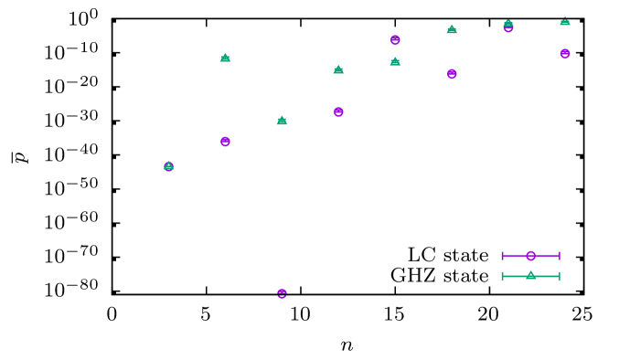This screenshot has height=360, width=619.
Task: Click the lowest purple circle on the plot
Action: point(282,293)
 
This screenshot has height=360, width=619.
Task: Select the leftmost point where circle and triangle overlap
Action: point(168,166)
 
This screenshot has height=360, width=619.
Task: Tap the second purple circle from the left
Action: point(225,142)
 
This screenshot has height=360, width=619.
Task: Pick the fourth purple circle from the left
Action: point(338,111)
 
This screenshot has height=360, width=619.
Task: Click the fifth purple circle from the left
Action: point(395,40)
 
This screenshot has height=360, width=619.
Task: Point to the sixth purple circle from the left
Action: point(452,74)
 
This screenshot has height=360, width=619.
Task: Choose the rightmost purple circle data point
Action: point(565,54)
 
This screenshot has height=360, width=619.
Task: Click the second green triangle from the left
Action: point(225,58)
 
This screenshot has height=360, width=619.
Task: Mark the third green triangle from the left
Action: point(282,120)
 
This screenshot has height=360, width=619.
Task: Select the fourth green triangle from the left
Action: point(338,69)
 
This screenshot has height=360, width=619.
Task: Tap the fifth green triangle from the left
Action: point(395,61)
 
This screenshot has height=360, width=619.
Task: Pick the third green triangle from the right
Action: point(452,29)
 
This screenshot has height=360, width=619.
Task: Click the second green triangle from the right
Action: point(508,24)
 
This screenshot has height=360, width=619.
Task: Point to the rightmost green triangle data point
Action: point(565,21)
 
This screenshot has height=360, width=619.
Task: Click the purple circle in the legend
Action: point(530,256)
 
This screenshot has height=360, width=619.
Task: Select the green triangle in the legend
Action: point(530,275)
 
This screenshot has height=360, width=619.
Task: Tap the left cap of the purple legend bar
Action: point(502,256)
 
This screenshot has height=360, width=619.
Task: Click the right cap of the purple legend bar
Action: point(560,256)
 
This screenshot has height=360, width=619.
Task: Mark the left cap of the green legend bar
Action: point(502,276)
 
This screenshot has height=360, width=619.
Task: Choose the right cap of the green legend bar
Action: point(560,276)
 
